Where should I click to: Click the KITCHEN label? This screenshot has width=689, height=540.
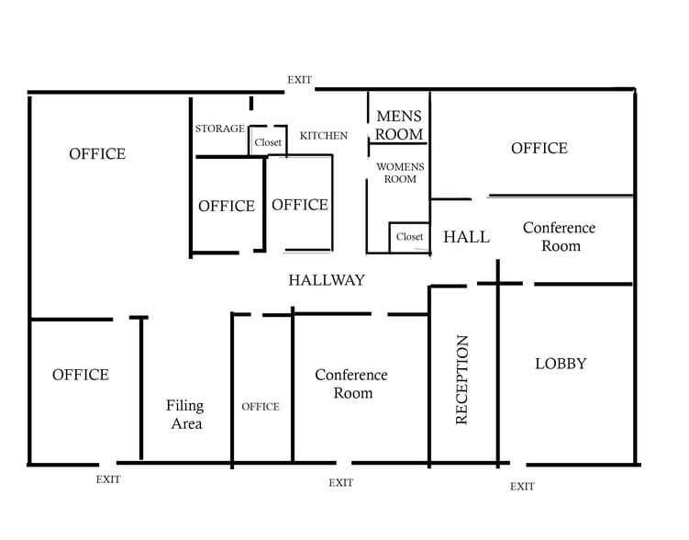click(324, 135)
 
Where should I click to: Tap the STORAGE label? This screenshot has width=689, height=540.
click(219, 129)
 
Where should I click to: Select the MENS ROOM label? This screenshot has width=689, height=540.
click(399, 125)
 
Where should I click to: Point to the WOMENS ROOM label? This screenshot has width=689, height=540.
click(400, 173)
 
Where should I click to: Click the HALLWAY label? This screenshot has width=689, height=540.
click(327, 280)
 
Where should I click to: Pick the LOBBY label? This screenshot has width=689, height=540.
click(561, 364)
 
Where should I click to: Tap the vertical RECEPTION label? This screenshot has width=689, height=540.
click(461, 380)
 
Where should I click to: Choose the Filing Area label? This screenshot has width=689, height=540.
click(185, 414)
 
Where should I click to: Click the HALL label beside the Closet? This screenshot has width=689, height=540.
click(466, 237)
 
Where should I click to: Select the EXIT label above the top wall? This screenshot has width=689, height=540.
click(300, 80)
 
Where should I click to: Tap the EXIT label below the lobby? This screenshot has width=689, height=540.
click(522, 487)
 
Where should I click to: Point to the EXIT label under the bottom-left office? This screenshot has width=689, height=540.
click(108, 479)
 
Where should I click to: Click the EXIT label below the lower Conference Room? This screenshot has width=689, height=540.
click(341, 483)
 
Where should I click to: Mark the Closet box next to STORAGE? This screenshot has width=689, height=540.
click(268, 141)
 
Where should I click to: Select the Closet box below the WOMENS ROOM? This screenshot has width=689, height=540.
click(409, 238)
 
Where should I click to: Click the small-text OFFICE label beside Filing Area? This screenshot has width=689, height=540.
click(261, 407)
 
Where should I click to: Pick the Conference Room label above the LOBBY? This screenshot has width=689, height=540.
click(560, 237)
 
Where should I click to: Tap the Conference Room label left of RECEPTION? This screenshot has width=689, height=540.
click(351, 384)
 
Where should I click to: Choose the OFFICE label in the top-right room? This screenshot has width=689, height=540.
click(539, 148)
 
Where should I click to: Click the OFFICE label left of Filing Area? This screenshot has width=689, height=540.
click(81, 375)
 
